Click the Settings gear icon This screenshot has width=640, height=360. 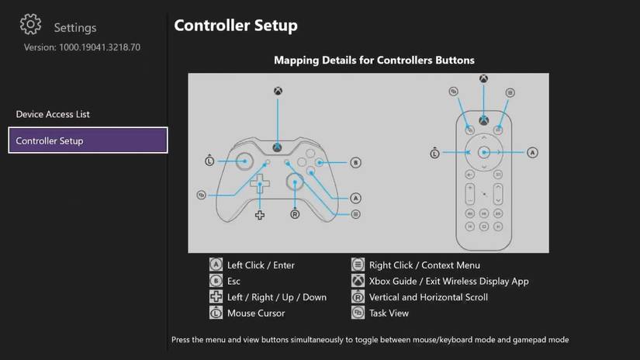click(x=30, y=25)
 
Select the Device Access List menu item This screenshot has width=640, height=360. click(x=53, y=114)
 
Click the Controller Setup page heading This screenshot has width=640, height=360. click(x=235, y=26)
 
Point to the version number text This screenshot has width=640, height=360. click(x=81, y=47)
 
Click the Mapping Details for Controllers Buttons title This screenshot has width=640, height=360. click(x=374, y=60)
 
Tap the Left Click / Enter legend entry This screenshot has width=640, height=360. click(x=261, y=265)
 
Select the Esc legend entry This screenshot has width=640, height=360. click(x=234, y=282)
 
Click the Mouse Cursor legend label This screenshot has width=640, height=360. click(x=255, y=313)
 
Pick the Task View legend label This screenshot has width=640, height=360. click(x=389, y=313)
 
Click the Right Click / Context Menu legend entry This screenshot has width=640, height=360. click(x=419, y=265)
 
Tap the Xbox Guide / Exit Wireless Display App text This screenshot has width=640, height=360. click(x=448, y=282)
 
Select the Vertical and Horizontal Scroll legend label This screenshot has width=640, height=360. click(x=428, y=297)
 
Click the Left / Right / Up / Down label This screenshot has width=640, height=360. click(x=276, y=297)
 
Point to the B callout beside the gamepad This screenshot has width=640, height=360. click(x=355, y=163)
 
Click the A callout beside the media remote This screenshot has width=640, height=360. click(x=532, y=153)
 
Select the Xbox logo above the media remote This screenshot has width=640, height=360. click(x=483, y=79)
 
